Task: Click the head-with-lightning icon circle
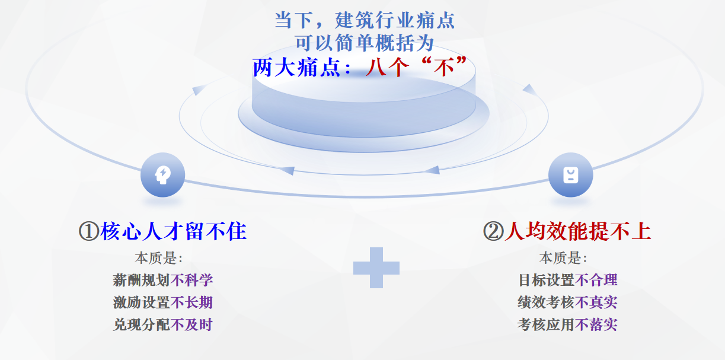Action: click(x=163, y=175)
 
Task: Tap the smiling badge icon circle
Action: click(x=571, y=175)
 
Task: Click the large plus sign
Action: click(x=376, y=267)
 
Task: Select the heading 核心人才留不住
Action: click(x=174, y=231)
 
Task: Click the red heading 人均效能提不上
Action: click(x=578, y=231)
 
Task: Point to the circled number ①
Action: click(x=89, y=231)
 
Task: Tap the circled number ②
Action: click(x=493, y=231)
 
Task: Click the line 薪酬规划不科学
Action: click(x=163, y=280)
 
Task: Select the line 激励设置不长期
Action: click(x=163, y=302)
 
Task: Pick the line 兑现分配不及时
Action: click(x=163, y=325)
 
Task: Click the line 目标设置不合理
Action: click(x=568, y=280)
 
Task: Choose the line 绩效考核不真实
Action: click(x=567, y=302)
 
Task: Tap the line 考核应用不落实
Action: click(x=567, y=325)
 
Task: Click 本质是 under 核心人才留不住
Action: click(x=159, y=258)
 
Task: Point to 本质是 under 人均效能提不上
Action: click(x=563, y=258)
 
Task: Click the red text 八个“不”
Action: click(x=417, y=68)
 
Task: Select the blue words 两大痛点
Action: click(x=296, y=68)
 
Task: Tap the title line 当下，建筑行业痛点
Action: click(x=365, y=20)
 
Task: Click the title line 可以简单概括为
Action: click(x=365, y=43)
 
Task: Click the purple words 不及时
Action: click(x=191, y=325)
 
